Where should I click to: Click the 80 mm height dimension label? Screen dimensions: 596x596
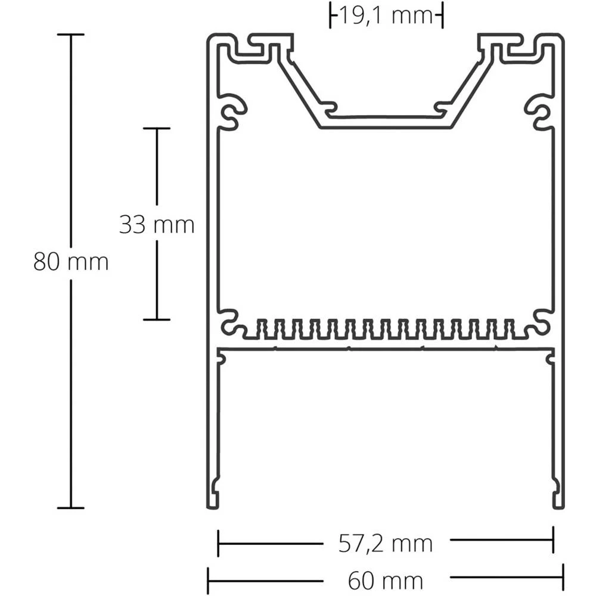coord(71,262)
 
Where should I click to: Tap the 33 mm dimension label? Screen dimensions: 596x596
coord(157,225)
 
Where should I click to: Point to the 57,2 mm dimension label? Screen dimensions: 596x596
coord(385,544)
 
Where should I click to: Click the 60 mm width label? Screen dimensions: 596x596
coord(385,580)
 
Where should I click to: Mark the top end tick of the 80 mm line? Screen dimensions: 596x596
coord(71,35)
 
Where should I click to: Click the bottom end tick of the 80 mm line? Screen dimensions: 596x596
coord(71,508)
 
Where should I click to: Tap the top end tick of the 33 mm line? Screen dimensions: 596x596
coord(157,128)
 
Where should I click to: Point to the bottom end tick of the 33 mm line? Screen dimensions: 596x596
coord(157,319)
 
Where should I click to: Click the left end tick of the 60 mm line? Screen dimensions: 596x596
coord(208,581)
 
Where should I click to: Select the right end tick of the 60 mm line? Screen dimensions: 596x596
coord(563,581)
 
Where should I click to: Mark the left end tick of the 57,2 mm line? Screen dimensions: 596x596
coord(218,542)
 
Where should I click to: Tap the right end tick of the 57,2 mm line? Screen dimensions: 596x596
coord(554,542)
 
